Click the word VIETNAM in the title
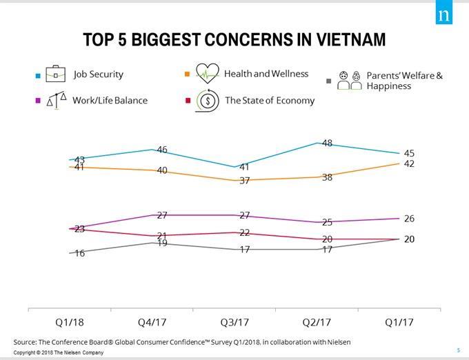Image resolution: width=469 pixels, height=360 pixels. pos(341,39)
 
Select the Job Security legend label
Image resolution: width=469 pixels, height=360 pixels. pos(99,74)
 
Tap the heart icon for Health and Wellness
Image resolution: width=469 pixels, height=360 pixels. pos(207,73)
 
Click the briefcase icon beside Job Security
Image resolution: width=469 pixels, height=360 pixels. pos(55,74)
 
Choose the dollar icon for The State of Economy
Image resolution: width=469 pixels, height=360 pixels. pos(207,101)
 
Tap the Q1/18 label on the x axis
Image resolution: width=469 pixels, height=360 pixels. pos(69,322)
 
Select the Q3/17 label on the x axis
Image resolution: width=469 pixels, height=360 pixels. pos(234,322)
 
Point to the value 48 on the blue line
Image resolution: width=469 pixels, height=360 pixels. pos(328,143)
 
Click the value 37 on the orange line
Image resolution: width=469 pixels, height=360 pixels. pos(245,181)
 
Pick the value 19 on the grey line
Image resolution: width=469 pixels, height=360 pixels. pos(162,243)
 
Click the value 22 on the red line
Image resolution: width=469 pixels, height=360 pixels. pos(245,232)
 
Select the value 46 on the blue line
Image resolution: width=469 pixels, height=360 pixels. pos(162,150)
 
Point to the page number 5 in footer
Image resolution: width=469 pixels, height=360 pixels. pos(459,349)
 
